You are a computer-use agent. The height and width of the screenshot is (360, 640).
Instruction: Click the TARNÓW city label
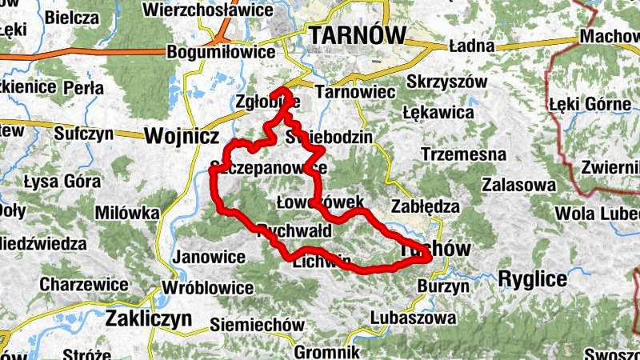tap(358, 35)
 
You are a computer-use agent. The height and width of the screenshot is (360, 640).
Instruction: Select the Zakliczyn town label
tap(149, 318)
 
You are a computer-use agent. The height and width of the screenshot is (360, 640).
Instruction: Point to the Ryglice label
tap(532, 278)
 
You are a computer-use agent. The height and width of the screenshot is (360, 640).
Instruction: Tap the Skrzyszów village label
tap(446, 82)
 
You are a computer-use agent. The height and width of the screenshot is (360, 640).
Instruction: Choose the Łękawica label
tap(438, 113)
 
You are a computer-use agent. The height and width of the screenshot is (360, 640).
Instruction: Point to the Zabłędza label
tap(425, 206)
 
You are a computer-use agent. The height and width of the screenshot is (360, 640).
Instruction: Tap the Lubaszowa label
tap(414, 318)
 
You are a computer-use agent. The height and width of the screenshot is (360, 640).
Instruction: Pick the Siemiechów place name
tap(257, 325)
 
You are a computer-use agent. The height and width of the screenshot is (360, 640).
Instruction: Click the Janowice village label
tap(209, 257)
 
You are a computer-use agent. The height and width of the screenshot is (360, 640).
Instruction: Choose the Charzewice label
tap(83, 284)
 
